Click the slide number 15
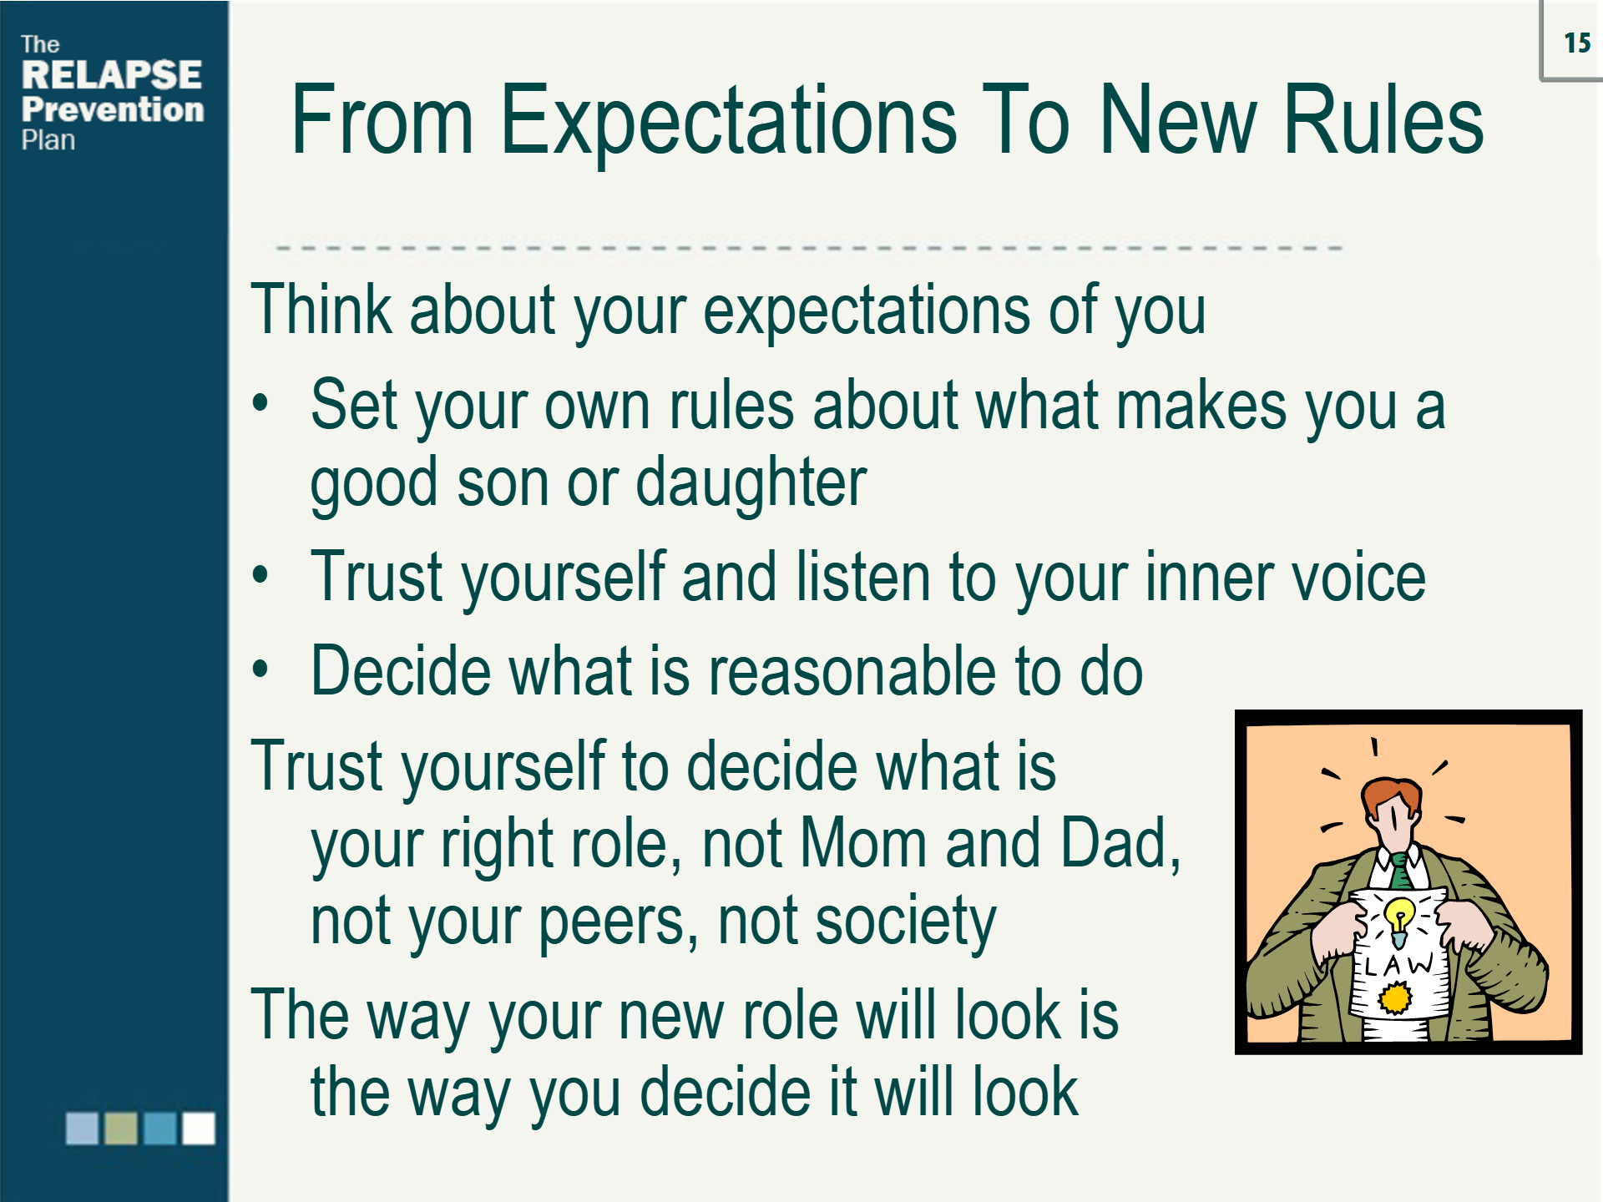click(1576, 43)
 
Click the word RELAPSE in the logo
click(111, 75)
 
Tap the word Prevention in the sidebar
click(113, 109)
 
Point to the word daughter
click(751, 482)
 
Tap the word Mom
click(862, 843)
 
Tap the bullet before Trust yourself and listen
click(260, 575)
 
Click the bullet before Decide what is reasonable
click(260, 669)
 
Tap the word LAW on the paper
click(1399, 966)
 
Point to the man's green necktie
click(1400, 873)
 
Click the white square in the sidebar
click(199, 1129)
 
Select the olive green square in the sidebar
click(121, 1129)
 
